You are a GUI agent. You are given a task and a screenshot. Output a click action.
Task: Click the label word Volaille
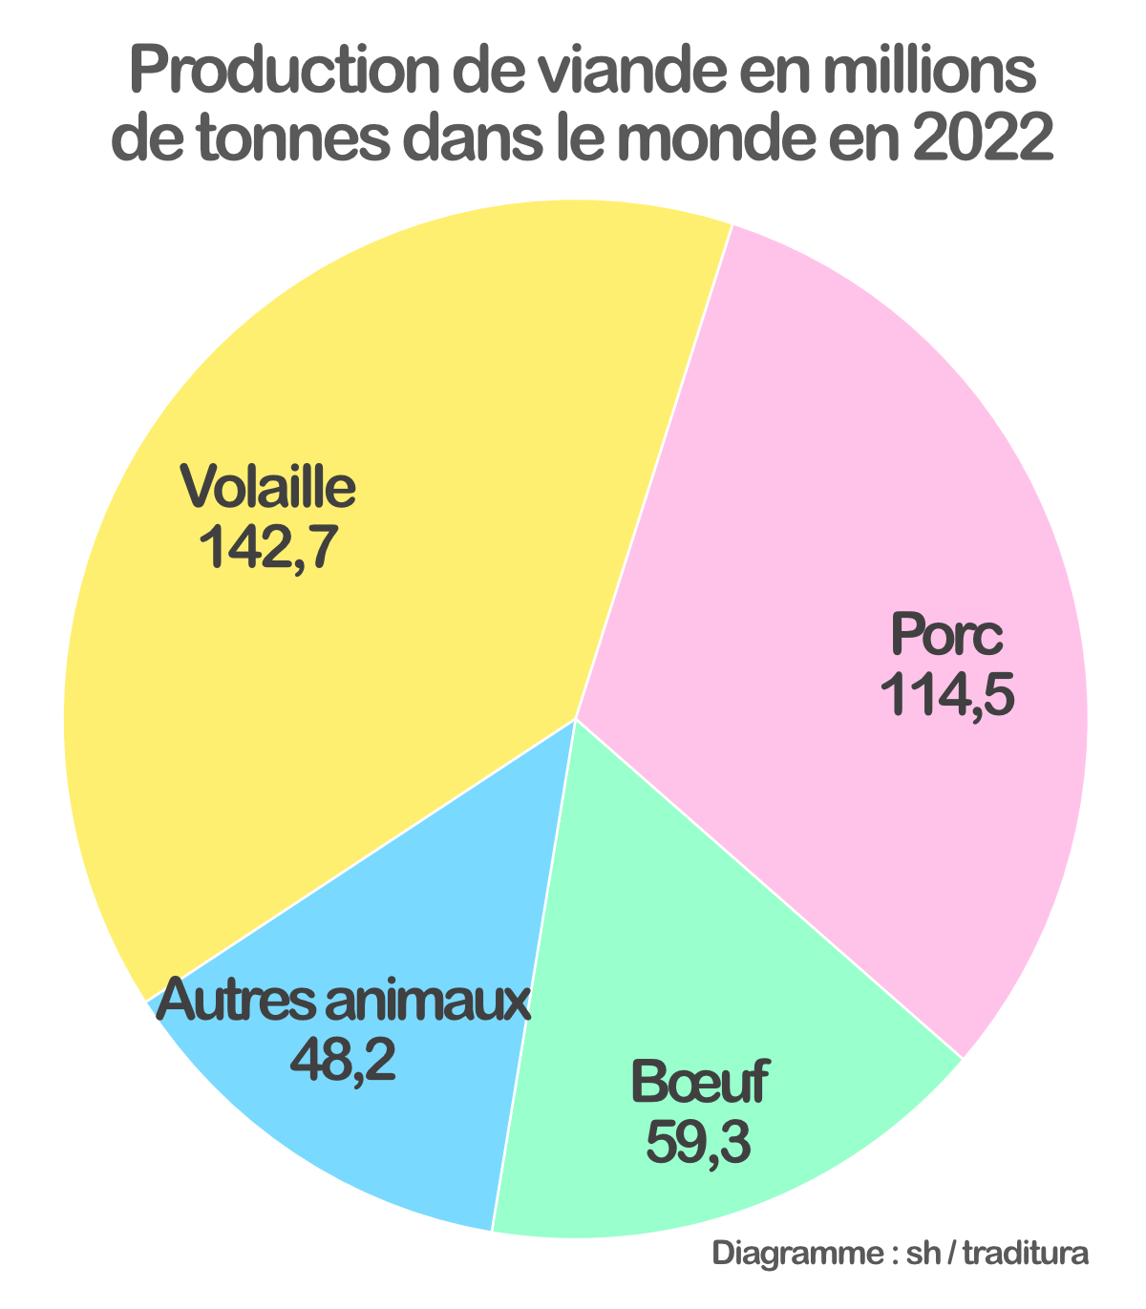tap(268, 487)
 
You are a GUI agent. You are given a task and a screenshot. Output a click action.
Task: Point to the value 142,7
tap(268, 547)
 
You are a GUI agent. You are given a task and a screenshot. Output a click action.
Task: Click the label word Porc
tap(946, 635)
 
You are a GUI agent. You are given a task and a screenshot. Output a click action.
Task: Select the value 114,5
tap(946, 694)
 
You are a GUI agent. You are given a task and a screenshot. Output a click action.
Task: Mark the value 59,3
tap(698, 1142)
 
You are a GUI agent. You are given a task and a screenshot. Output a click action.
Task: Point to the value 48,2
tap(343, 1060)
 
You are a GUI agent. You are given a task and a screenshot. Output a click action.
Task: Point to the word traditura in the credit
tap(1026, 1254)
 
